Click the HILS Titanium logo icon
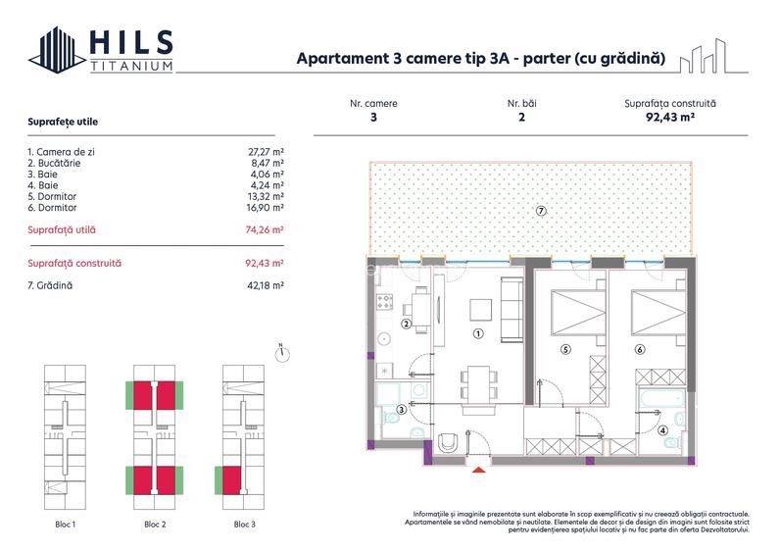click(55, 50)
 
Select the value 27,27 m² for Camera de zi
click(266, 152)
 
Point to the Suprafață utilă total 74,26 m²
click(265, 229)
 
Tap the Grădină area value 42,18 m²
click(266, 285)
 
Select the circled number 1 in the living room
click(478, 333)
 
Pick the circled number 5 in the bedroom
click(564, 348)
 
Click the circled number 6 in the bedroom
click(640, 348)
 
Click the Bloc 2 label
click(155, 525)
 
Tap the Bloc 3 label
click(245, 525)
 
